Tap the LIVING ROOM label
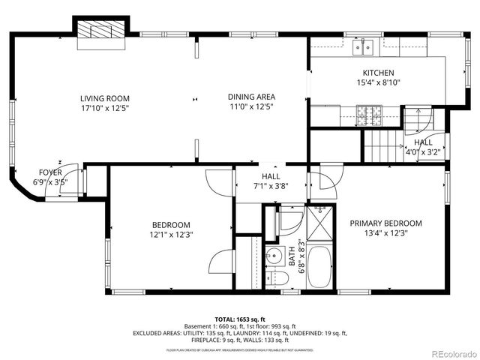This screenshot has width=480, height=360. click(105, 97)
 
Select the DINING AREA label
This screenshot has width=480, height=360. click(251, 96)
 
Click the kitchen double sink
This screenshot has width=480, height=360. click(365, 47)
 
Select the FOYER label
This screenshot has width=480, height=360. click(50, 172)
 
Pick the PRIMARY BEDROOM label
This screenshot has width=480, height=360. click(385, 223)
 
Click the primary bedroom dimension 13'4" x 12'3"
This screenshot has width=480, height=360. click(385, 232)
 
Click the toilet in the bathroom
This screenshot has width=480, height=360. click(277, 278)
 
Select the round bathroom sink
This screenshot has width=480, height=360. click(275, 253)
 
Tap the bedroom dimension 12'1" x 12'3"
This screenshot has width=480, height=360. click(171, 235)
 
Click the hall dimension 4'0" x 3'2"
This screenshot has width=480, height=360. click(423, 152)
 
